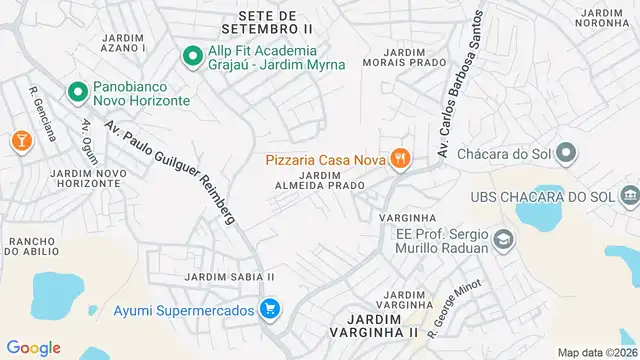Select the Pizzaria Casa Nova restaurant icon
400,157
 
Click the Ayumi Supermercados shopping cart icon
268,310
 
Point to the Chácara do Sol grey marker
566,154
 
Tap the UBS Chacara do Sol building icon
628,194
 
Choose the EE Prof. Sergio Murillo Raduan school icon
502,240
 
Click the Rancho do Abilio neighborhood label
38,247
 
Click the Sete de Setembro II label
268,22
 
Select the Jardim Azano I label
124,42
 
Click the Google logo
33,347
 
